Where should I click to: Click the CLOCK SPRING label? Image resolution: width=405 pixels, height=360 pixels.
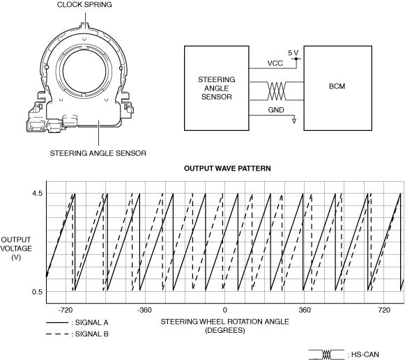click(84, 5)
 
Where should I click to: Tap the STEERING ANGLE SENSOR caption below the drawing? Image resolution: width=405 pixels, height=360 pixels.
click(98, 153)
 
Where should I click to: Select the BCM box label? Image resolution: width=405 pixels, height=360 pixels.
click(337, 86)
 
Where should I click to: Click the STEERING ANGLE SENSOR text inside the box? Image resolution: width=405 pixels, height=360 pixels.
click(217, 88)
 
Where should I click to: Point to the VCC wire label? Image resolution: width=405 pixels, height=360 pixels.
click(275, 63)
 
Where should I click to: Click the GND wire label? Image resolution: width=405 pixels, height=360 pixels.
click(276, 110)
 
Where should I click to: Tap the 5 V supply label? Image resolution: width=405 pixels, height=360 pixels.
click(293, 53)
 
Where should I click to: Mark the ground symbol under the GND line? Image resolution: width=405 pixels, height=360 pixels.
click(294, 120)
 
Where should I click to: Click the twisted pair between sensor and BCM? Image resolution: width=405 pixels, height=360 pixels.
click(276, 91)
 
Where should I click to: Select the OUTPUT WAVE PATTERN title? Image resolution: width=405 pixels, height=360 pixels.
click(227, 169)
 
